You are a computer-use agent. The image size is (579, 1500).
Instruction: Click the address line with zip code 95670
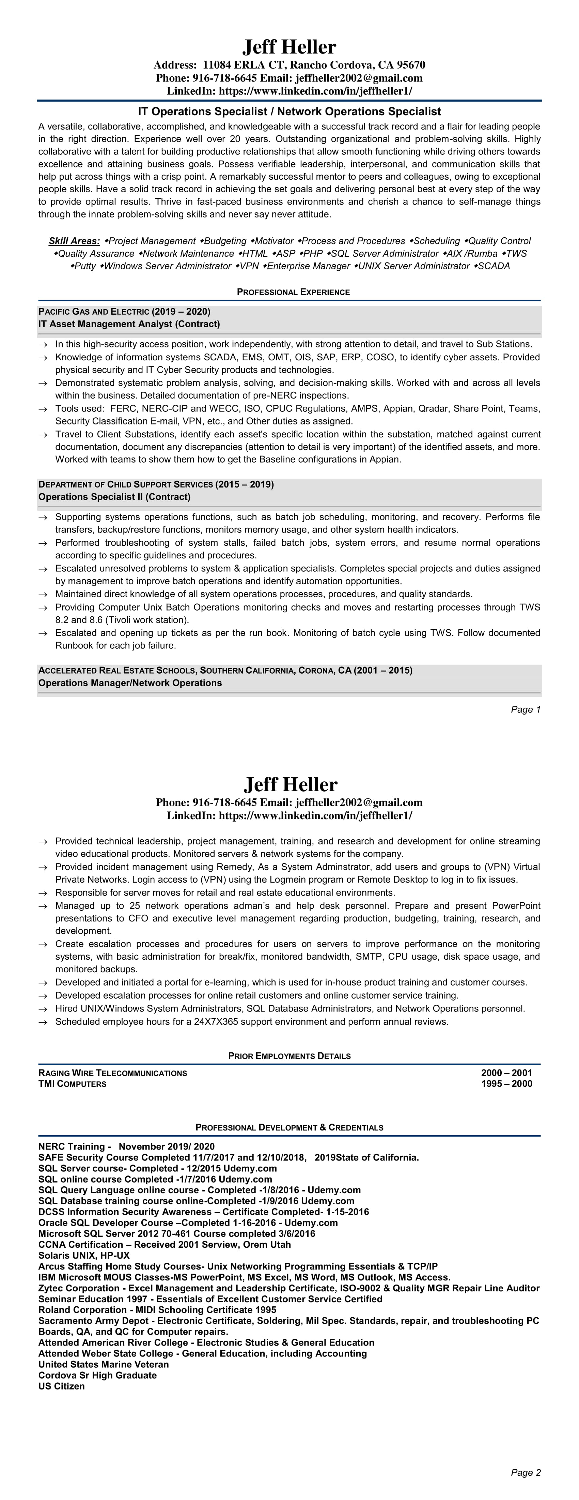coord(289,65)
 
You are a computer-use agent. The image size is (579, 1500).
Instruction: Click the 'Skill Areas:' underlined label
coord(74,241)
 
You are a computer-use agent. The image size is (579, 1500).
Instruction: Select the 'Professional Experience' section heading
coord(293,292)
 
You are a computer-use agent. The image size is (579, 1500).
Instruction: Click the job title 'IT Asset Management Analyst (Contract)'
coord(129,324)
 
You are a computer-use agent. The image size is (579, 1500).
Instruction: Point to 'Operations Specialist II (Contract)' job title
coord(114,497)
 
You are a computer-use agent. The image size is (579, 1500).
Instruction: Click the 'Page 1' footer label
coord(526,709)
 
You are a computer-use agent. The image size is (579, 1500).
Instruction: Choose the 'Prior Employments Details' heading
coord(289,1056)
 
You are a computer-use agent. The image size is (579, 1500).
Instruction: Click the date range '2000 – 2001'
coord(506,1072)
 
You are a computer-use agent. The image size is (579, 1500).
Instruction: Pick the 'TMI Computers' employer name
coord(72,1084)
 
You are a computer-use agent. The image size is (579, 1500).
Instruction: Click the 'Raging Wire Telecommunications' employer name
coord(113,1072)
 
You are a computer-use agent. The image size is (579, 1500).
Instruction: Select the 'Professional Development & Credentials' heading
coord(289,1127)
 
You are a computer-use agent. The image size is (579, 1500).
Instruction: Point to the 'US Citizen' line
coord(62,1386)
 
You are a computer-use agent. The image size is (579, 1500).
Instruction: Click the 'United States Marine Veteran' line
coord(104,1364)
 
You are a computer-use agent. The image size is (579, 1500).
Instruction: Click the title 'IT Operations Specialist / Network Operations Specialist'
coord(289,111)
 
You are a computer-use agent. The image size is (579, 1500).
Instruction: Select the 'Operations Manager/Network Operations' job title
coord(130,683)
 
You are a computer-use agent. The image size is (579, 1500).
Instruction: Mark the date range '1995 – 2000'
coord(506,1084)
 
